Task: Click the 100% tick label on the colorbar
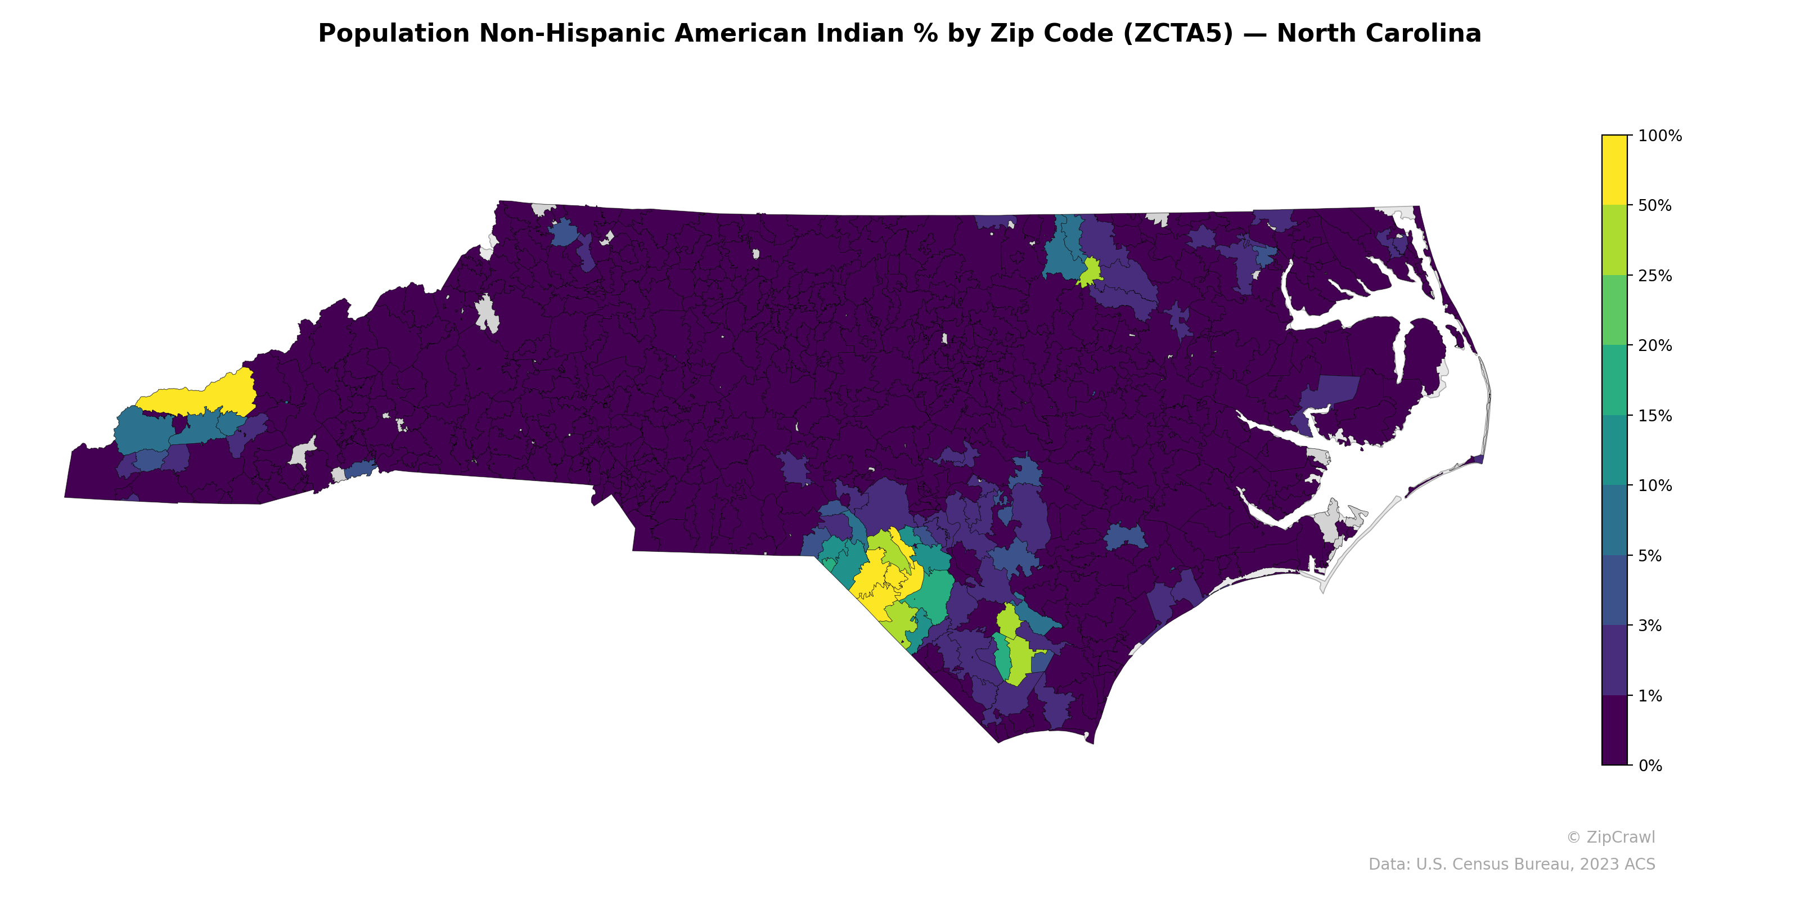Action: (x=1659, y=136)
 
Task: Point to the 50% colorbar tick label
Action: (x=1655, y=206)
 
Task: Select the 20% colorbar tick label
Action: (x=1655, y=346)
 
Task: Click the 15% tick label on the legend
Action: (x=1655, y=416)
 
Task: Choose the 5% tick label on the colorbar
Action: (x=1650, y=556)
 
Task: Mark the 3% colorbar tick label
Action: (x=1650, y=626)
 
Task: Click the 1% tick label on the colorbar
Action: (x=1650, y=696)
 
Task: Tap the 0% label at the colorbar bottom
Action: (x=1650, y=766)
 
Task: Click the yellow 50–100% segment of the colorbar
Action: (x=1614, y=170)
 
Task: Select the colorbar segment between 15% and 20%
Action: (x=1614, y=381)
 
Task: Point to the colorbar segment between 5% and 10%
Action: (x=1614, y=520)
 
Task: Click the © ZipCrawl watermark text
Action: (x=1610, y=837)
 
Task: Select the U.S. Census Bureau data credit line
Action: (x=1511, y=865)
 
